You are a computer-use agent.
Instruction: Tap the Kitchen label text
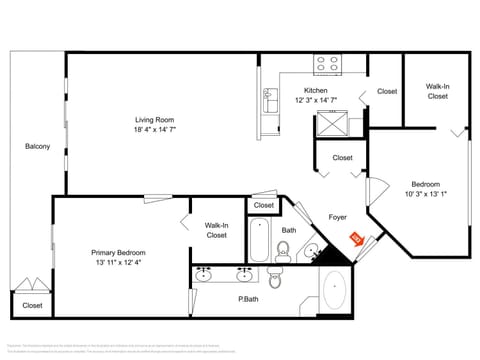[x=315, y=90]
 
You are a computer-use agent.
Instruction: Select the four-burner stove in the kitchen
[x=327, y=64]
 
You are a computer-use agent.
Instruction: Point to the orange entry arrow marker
[x=355, y=238]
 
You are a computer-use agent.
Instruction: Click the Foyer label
[x=338, y=217]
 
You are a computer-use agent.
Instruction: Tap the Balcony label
[x=37, y=147]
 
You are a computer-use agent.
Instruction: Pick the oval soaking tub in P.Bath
[x=332, y=293]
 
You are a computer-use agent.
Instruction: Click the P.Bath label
[x=248, y=298]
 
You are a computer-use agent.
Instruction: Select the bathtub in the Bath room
[x=260, y=239]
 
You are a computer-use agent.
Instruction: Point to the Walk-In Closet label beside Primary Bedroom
[x=216, y=230]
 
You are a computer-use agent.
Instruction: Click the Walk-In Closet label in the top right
[x=437, y=91]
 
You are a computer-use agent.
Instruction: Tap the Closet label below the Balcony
[x=32, y=305]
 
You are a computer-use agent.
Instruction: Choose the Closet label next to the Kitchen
[x=386, y=91]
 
